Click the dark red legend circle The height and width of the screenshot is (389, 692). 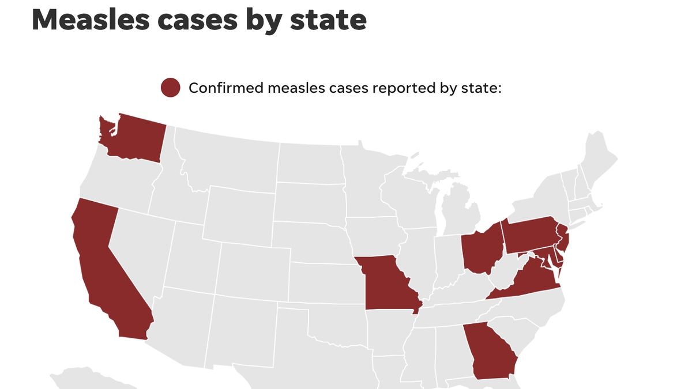pyautogui.click(x=170, y=88)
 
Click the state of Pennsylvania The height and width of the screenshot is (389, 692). pyautogui.click(x=531, y=236)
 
